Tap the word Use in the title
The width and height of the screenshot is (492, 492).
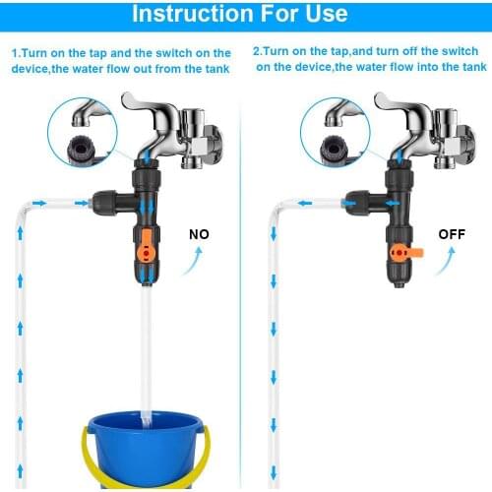[x=325, y=14]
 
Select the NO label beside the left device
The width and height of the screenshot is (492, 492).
[x=200, y=235]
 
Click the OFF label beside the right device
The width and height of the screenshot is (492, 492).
[x=451, y=235]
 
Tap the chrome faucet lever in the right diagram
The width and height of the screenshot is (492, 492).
[x=402, y=101]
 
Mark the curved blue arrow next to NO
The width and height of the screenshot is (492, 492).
[x=200, y=262]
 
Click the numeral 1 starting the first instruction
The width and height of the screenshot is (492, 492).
[x=15, y=51]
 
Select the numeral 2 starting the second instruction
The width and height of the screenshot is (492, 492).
[x=256, y=51]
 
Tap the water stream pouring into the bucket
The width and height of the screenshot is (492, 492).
[x=145, y=354]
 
